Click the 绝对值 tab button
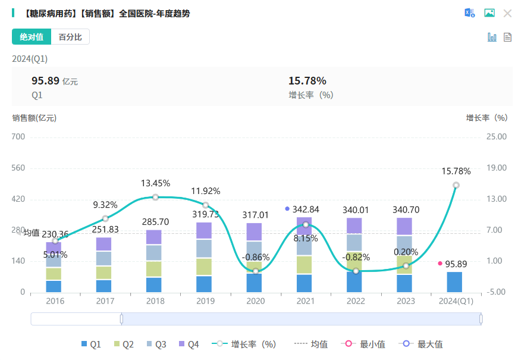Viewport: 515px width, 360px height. tap(32, 37)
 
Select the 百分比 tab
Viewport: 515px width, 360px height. tap(70, 37)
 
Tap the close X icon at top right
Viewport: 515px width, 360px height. tap(507, 13)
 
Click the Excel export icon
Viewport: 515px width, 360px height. tap(470, 13)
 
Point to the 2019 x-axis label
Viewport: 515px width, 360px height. tap(206, 301)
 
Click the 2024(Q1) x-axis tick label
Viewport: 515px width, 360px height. tap(456, 301)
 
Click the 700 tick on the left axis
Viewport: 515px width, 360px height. tap(18, 137)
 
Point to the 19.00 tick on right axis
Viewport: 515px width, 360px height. tap(497, 168)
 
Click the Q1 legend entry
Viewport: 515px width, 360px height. tap(91, 344)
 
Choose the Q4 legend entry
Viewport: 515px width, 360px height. tap(188, 344)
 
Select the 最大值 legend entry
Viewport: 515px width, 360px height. tap(423, 344)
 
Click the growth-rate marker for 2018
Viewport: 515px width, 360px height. tap(156, 197)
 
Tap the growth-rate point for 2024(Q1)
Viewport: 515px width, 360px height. tap(456, 185)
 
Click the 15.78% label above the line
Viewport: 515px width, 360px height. tap(456, 171)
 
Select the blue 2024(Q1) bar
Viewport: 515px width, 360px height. tap(455, 282)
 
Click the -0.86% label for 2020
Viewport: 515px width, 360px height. tap(256, 258)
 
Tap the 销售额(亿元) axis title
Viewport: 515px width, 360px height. tap(34, 118)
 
